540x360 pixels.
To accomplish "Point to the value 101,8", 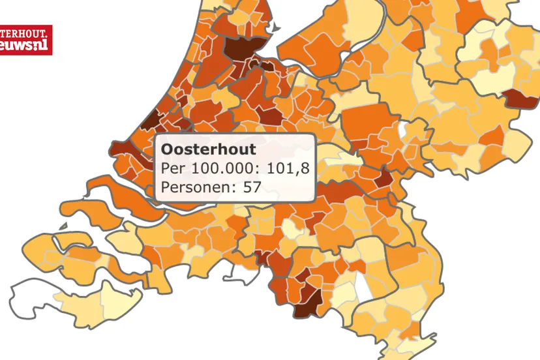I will pyautogui.click(x=286, y=169).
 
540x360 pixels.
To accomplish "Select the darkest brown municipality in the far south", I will pyautogui.click(x=308, y=301).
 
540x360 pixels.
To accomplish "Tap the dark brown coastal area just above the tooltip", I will pyautogui.click(x=151, y=121).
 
